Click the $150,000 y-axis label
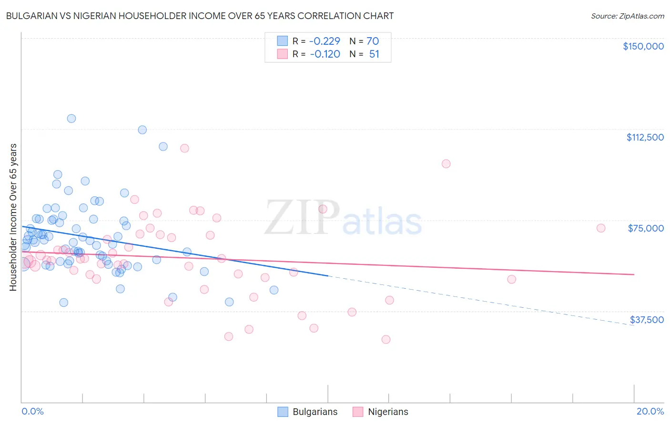643,46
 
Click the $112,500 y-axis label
645,137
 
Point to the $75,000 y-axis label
646,228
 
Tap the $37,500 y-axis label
647,320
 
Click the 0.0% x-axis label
32,411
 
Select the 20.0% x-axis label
650,411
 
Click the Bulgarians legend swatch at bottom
283,412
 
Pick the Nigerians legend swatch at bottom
358,412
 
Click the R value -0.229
325,41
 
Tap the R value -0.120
325,54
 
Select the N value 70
372,41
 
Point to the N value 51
374,54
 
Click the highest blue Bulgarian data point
71,119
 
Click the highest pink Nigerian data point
184,148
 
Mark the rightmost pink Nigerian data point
601,228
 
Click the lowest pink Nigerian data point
386,339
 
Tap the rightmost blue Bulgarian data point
274,290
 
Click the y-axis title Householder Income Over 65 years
13,217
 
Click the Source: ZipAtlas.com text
627,16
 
